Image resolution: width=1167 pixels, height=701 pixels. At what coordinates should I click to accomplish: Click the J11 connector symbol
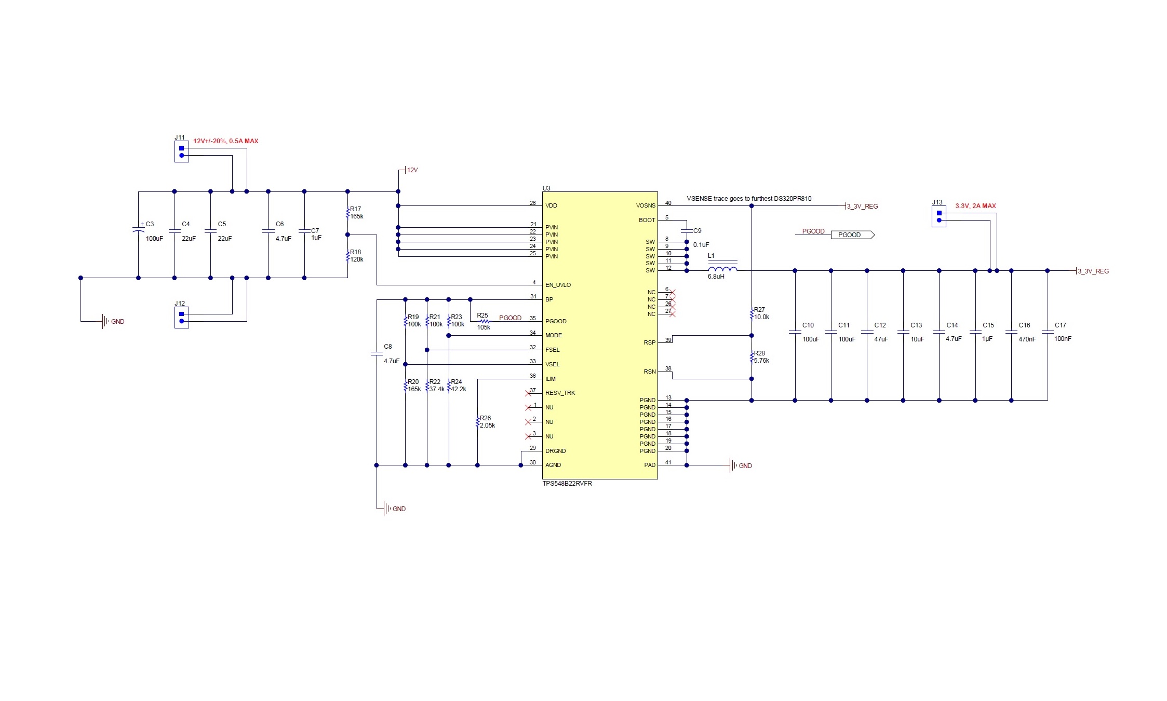pyautogui.click(x=181, y=152)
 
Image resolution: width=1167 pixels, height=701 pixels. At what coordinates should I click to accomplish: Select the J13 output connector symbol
pyautogui.click(x=938, y=216)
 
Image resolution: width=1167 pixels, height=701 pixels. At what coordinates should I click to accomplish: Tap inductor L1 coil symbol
pyautogui.click(x=722, y=268)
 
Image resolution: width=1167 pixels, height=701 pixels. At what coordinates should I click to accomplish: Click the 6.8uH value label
pyautogui.click(x=716, y=277)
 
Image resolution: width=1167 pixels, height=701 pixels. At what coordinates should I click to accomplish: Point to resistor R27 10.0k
pyautogui.click(x=752, y=314)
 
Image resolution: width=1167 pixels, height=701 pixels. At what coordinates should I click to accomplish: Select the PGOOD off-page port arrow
pyautogui.click(x=852, y=235)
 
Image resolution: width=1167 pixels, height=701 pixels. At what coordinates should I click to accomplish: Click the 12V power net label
pyautogui.click(x=412, y=170)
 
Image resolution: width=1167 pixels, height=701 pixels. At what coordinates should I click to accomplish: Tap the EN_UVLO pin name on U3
pyautogui.click(x=558, y=285)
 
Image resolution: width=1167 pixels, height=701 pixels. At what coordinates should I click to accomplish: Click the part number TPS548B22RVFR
pyautogui.click(x=567, y=484)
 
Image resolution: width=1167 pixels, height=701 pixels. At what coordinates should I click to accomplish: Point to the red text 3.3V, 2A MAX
pyautogui.click(x=975, y=206)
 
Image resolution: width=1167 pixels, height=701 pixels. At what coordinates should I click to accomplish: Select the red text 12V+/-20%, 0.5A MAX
pyautogui.click(x=225, y=141)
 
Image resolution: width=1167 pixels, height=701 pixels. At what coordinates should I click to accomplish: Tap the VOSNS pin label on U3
pyautogui.click(x=646, y=205)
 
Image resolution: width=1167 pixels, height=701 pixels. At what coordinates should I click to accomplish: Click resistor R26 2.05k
pyautogui.click(x=477, y=422)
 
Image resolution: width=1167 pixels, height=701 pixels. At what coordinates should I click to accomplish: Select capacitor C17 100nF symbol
pyautogui.click(x=1047, y=332)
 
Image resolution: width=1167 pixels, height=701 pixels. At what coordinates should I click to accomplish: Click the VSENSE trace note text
pyautogui.click(x=748, y=199)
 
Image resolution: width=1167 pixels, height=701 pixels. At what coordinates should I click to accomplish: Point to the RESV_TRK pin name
pyautogui.click(x=560, y=393)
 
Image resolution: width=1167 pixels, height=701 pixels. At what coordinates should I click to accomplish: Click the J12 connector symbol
pyautogui.click(x=181, y=318)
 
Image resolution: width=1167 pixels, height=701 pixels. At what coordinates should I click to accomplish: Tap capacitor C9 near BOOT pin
pyautogui.click(x=687, y=231)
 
